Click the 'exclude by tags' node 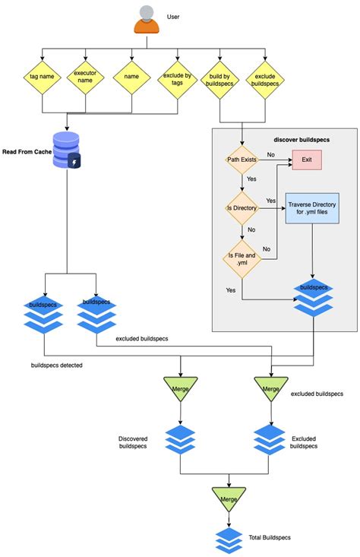point(176,77)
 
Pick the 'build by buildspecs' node point(221,77)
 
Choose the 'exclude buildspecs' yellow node point(266,77)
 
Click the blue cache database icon point(67,150)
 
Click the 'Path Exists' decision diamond point(242,160)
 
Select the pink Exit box point(308,160)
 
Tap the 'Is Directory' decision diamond point(242,207)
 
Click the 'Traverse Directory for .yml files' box point(312,208)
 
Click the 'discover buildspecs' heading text point(302,140)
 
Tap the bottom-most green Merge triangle point(229,498)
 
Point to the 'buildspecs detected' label point(56,365)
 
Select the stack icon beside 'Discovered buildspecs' point(180,440)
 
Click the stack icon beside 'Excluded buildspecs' point(270,440)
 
